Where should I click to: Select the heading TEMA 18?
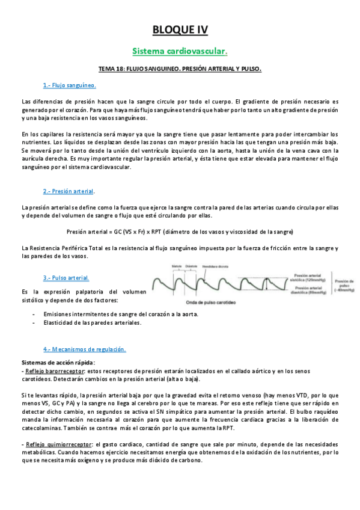pyautogui.click(x=180, y=69)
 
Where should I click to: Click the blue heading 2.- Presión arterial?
pyautogui.click(x=69, y=191)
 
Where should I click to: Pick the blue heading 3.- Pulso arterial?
pyautogui.click(x=66, y=277)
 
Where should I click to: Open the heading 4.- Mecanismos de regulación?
pyautogui.click(x=84, y=349)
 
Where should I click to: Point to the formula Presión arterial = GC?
pyautogui.click(x=180, y=231)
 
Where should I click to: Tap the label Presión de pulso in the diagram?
pyautogui.click(x=343, y=283)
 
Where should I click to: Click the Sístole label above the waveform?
pyautogui.click(x=177, y=265)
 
